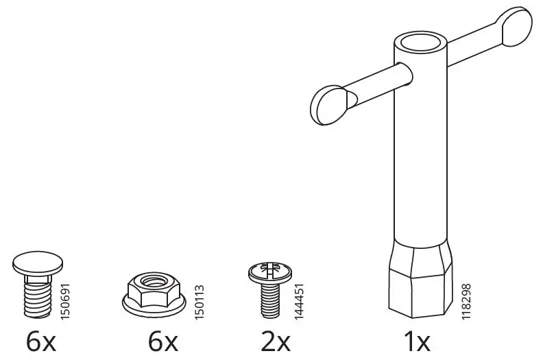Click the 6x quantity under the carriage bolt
(x=42, y=342)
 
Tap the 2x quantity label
(x=276, y=342)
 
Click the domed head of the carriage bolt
(x=34, y=262)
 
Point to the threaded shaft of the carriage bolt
(x=34, y=300)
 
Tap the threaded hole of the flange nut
(x=160, y=280)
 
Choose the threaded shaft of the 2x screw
(x=266, y=299)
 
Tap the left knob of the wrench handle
(x=328, y=104)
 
